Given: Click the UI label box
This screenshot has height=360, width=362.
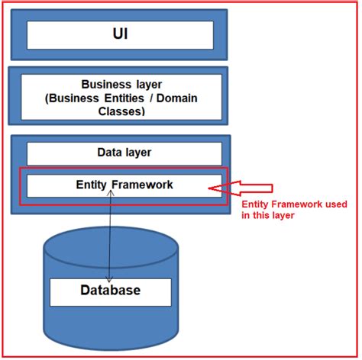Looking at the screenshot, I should point(120,35).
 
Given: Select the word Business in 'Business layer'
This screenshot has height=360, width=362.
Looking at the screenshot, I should point(105,85).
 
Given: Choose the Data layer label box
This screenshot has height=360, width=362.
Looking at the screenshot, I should point(124,153).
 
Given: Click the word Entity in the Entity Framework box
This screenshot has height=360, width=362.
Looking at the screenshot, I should point(94,185).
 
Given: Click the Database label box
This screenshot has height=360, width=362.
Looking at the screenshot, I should point(111,291).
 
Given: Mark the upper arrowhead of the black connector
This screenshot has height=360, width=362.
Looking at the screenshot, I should point(112,193).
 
